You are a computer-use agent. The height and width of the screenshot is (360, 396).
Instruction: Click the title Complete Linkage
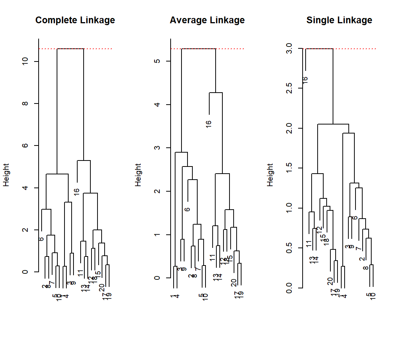pyautogui.click(x=75, y=20)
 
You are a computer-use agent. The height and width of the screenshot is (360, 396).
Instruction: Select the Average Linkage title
pyautogui.click(x=207, y=20)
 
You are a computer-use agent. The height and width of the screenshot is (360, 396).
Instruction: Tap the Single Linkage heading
pyautogui.click(x=339, y=20)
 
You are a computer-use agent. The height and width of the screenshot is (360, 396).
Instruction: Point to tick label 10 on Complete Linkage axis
pyautogui.click(x=25, y=61)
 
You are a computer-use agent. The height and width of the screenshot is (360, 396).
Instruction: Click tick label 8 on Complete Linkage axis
pyautogui.click(x=25, y=103)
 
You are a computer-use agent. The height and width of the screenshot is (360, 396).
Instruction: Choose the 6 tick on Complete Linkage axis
pyautogui.click(x=25, y=145)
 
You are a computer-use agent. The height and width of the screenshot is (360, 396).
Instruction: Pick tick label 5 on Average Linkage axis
pyautogui.click(x=157, y=61)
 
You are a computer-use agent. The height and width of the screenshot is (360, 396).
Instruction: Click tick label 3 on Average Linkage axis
pyautogui.click(x=157, y=148)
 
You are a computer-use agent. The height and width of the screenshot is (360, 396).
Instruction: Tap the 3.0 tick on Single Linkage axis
pyautogui.click(x=289, y=49)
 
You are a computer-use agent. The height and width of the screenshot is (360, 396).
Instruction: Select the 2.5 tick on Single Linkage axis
pyautogui.click(x=289, y=88)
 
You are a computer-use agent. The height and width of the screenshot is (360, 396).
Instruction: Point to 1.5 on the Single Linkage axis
pyautogui.click(x=289, y=168)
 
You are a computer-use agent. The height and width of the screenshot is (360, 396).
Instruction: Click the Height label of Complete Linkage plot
pyautogui.click(x=6, y=175)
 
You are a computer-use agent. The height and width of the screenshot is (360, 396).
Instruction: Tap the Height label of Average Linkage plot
pyautogui.click(x=138, y=175)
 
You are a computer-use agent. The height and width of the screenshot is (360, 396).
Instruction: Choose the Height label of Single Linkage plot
pyautogui.click(x=270, y=175)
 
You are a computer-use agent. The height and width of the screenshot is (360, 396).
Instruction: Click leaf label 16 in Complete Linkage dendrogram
pyautogui.click(x=77, y=191)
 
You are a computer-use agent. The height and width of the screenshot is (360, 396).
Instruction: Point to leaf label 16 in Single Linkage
pyautogui.click(x=305, y=80)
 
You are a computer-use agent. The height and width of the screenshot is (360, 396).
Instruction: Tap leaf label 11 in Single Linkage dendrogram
pyautogui.click(x=309, y=244)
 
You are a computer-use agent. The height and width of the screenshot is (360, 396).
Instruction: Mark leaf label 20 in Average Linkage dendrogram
pyautogui.click(x=234, y=282)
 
